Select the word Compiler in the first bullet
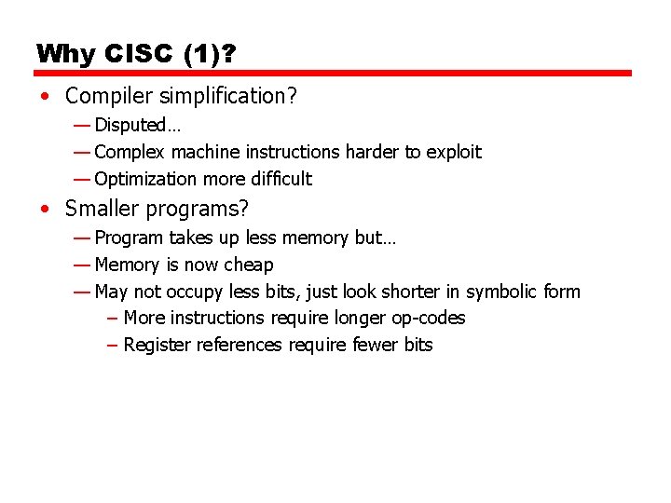point(103,96)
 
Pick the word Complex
point(130,152)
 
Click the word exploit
point(454,152)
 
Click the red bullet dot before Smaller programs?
point(46,210)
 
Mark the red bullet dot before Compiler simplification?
point(46,97)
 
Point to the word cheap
point(250,265)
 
